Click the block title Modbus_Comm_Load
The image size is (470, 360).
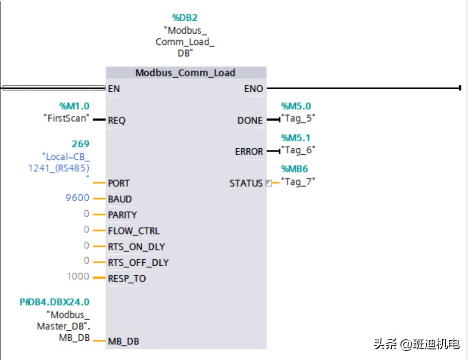[x=185, y=73]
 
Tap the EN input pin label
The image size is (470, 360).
[x=114, y=89]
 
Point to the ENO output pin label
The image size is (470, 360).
[x=254, y=89]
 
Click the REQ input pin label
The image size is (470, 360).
[x=117, y=121]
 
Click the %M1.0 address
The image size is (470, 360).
[x=74, y=106]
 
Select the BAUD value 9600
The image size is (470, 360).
[x=78, y=198]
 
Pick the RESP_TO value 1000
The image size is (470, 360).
[x=78, y=276]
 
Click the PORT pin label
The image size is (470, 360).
[x=119, y=184]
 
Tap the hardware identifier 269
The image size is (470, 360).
[x=81, y=145]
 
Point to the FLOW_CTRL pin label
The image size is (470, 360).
[x=134, y=231]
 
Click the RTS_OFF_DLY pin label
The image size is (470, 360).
[x=138, y=263]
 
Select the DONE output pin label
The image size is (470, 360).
[x=250, y=121]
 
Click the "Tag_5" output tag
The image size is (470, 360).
[x=299, y=118]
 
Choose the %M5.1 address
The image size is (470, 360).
[x=296, y=137]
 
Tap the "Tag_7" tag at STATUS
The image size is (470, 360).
[x=299, y=182]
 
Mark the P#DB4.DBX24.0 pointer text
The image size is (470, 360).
[x=54, y=303]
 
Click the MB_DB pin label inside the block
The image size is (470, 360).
[x=124, y=341]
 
